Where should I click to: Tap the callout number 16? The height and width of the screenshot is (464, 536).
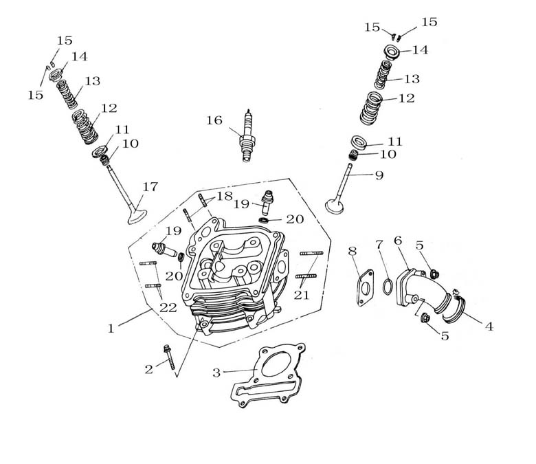click(214, 121)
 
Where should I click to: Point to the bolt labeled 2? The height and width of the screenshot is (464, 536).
click(169, 355)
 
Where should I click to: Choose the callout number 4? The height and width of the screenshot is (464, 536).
click(489, 327)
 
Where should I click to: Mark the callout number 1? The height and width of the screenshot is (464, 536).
click(111, 329)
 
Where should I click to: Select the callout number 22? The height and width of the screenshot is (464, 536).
click(168, 308)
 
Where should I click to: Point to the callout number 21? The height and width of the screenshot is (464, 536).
click(302, 294)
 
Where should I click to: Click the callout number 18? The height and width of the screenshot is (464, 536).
click(225, 196)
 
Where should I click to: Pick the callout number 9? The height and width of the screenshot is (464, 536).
click(379, 175)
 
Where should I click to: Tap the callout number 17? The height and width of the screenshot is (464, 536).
click(150, 187)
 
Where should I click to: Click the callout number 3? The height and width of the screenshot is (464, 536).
click(216, 373)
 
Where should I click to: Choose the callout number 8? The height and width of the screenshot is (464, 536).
click(353, 252)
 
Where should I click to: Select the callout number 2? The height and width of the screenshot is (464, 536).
click(148, 369)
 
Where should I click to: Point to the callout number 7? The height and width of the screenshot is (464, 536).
click(379, 244)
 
